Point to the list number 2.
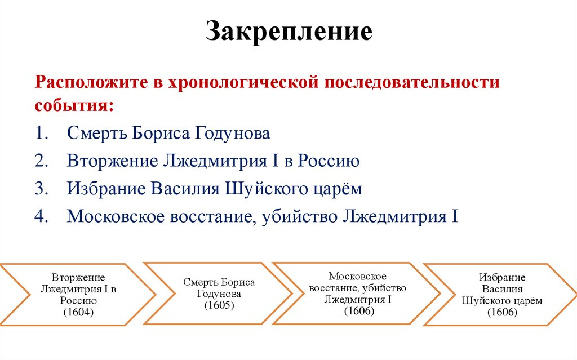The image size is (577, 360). click(42, 161)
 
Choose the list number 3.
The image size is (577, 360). click(42, 189)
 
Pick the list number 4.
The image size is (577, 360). click(42, 216)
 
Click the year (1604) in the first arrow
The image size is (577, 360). click(79, 311)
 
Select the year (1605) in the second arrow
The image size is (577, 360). click(219, 305)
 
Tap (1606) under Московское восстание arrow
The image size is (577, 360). click(358, 310)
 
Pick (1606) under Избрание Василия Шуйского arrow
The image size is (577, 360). click(502, 312)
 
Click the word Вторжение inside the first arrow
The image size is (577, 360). click(79, 278)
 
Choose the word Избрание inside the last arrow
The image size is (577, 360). click(502, 278)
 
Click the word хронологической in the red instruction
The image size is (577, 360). click(241, 82)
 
